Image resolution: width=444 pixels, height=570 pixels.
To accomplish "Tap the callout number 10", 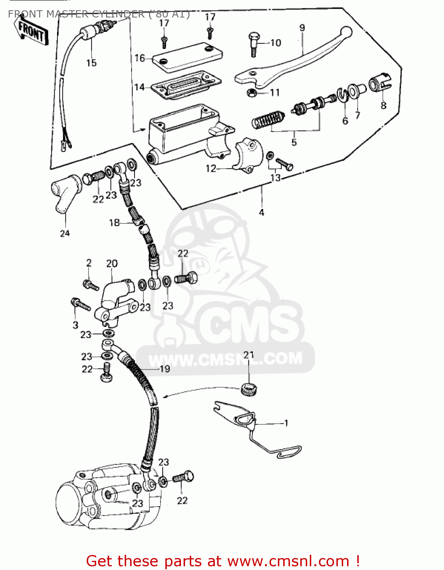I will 276,43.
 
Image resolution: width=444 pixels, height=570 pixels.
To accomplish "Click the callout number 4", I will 262,212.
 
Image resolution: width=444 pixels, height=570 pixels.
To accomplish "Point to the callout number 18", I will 114,223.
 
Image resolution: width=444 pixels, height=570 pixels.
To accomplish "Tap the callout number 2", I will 89,263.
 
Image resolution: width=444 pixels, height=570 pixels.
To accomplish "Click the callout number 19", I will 165,369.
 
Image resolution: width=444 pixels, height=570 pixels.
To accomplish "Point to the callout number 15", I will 91,63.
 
